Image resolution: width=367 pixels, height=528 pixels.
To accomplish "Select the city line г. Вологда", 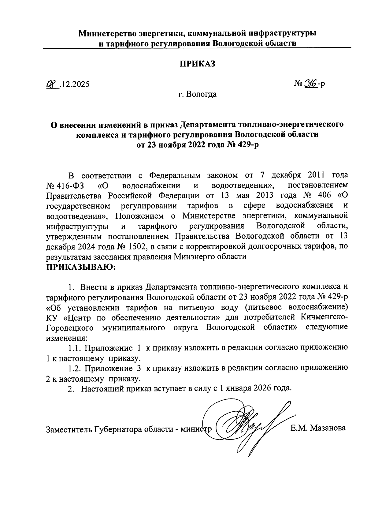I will tap(198, 94).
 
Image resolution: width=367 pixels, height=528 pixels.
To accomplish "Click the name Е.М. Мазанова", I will tap(318, 428).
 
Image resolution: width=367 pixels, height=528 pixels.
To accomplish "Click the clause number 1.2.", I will tap(74, 368).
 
